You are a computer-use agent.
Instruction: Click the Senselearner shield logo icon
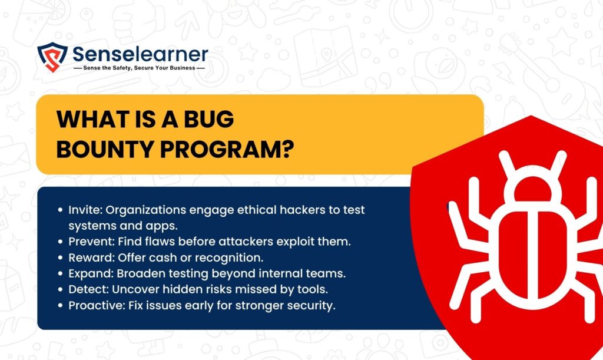coord(52,57)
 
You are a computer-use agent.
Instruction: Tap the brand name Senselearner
coord(140,54)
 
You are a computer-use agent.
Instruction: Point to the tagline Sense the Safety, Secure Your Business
coord(139,68)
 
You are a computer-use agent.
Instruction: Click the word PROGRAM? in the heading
coord(227,149)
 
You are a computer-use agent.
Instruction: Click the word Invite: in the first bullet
coord(85,210)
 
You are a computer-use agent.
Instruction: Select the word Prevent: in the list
coord(91,242)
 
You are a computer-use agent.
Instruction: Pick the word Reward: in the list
coord(91,257)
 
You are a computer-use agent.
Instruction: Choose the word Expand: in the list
coord(91,273)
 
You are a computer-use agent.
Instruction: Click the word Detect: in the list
coord(88,289)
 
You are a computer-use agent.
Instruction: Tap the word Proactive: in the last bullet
coord(97,305)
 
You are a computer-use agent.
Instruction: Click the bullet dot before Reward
coord(60,257)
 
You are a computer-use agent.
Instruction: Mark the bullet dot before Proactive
coord(60,306)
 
